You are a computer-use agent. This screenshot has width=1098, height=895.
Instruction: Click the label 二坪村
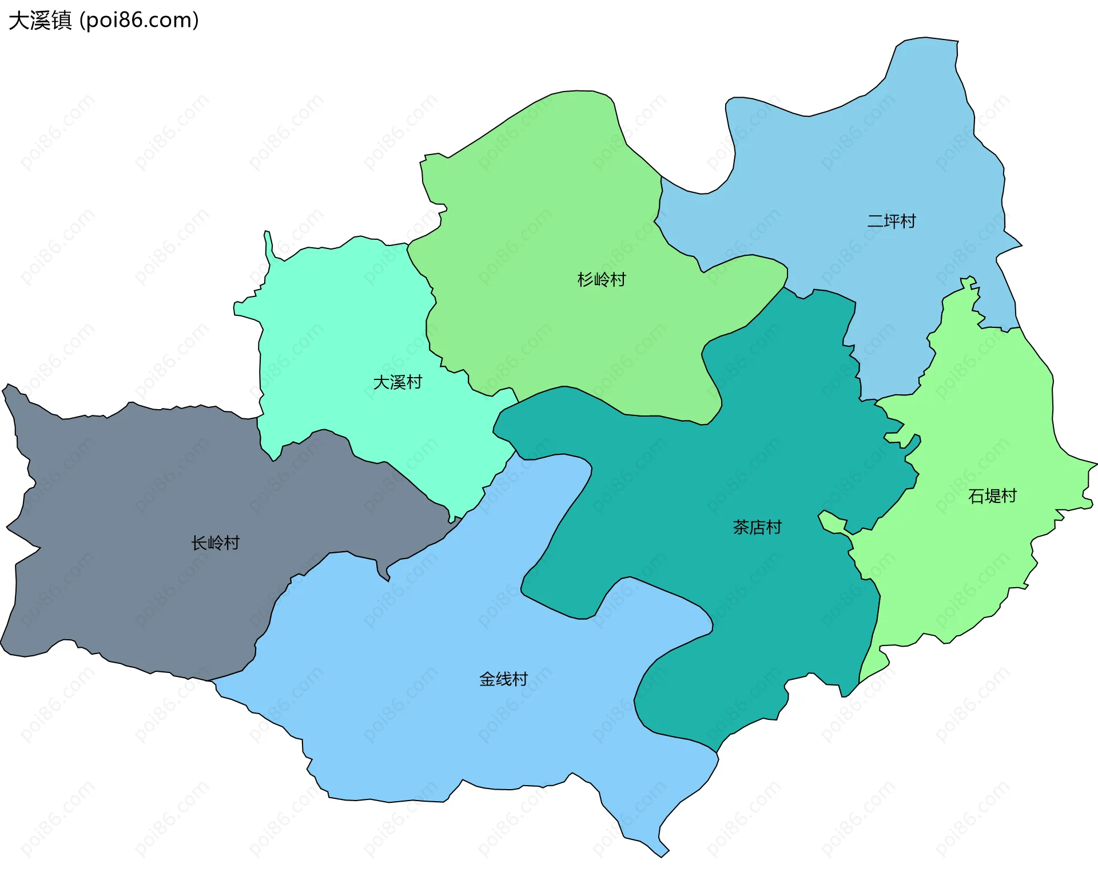click(892, 221)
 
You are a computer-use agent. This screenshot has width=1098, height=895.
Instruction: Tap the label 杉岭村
click(602, 279)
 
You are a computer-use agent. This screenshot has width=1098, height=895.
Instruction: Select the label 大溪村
click(397, 382)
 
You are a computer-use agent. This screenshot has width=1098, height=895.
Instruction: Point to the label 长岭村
click(215, 542)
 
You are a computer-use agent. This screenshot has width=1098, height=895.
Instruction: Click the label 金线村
click(503, 679)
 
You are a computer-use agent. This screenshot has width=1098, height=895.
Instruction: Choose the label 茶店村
click(757, 527)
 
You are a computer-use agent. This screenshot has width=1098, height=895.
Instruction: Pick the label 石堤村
click(992, 496)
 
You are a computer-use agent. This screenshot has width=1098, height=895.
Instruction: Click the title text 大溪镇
click(40, 20)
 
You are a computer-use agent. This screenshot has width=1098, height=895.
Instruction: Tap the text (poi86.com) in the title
click(140, 20)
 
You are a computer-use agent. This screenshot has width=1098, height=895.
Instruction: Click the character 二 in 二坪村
click(876, 221)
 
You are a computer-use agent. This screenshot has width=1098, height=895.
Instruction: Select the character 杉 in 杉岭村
click(586, 279)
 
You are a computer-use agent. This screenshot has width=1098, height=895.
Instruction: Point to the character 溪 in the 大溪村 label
click(397, 382)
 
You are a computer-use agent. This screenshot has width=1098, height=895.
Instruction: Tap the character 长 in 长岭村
click(199, 542)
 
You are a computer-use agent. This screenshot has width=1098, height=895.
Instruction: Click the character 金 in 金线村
click(487, 679)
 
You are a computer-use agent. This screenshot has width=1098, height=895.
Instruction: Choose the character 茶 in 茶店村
click(741, 527)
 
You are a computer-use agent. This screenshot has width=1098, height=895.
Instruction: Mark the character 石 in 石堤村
click(976, 496)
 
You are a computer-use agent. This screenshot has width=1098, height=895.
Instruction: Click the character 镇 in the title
click(62, 20)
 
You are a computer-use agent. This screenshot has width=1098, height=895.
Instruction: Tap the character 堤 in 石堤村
click(992, 496)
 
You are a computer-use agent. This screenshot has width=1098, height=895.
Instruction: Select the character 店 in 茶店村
click(757, 527)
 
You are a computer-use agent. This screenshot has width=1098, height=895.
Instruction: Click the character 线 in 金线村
click(503, 679)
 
